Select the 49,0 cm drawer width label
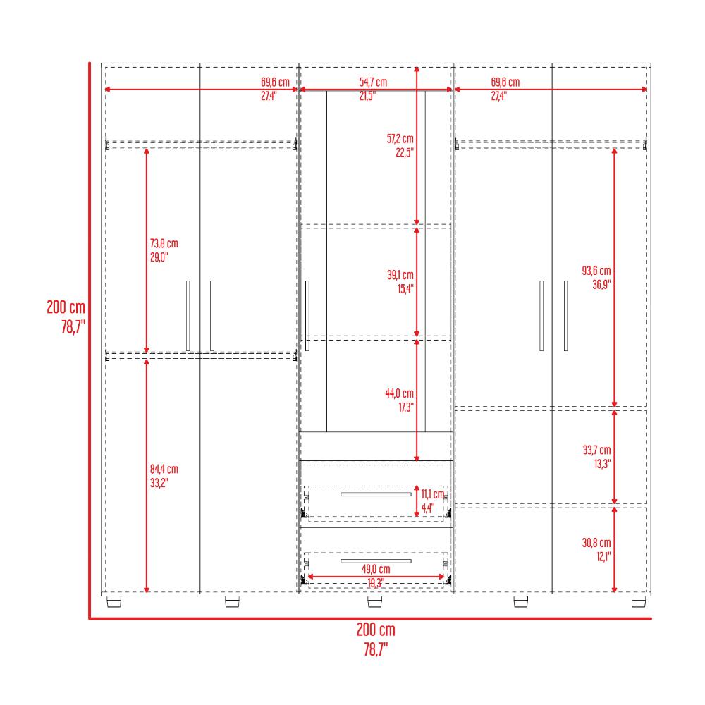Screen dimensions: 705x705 [x=376, y=569]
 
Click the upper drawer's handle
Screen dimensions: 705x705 [x=376, y=494]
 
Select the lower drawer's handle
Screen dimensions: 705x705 [x=376, y=561]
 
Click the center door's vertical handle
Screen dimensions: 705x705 [x=307, y=316]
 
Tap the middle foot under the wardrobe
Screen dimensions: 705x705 [x=374, y=601]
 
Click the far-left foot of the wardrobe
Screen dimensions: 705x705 [x=114, y=601]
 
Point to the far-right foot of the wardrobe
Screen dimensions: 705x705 [x=639, y=601]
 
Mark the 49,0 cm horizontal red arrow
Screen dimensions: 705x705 [x=376, y=577]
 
